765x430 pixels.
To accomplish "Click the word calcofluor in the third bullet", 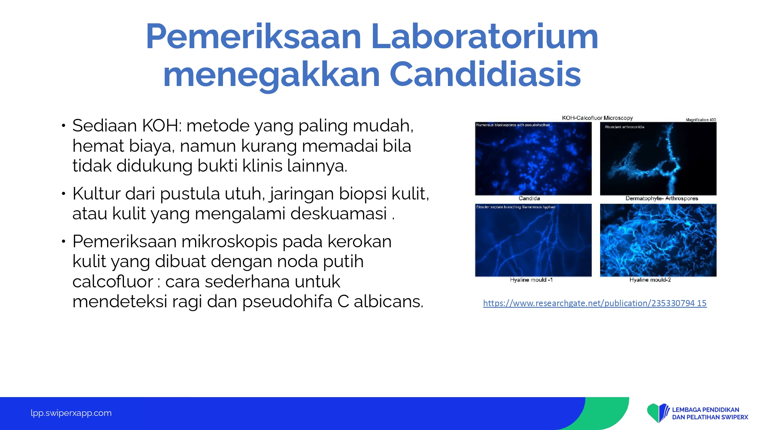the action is pyautogui.click(x=113, y=282).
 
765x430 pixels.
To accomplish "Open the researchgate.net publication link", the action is pyautogui.click(x=595, y=303).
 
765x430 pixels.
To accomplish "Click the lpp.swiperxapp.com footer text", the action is pyautogui.click(x=71, y=413).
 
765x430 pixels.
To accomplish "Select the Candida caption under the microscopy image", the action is pyautogui.click(x=529, y=198).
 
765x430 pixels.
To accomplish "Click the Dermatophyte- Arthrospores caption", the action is pyautogui.click(x=662, y=198).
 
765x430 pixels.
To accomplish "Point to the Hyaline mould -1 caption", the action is pyautogui.click(x=531, y=280).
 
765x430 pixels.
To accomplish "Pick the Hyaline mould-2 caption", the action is pyautogui.click(x=650, y=280).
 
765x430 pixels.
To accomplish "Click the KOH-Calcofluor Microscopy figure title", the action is pyautogui.click(x=597, y=118).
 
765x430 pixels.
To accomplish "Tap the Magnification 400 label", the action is pyautogui.click(x=701, y=120).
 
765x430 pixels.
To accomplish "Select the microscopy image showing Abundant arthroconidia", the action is pyautogui.click(x=658, y=159).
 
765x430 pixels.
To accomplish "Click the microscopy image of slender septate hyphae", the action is pyautogui.click(x=533, y=240).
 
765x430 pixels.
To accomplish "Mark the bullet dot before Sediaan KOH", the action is pyautogui.click(x=63, y=125).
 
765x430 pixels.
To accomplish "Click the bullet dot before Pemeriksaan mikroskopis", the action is pyautogui.click(x=63, y=241).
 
